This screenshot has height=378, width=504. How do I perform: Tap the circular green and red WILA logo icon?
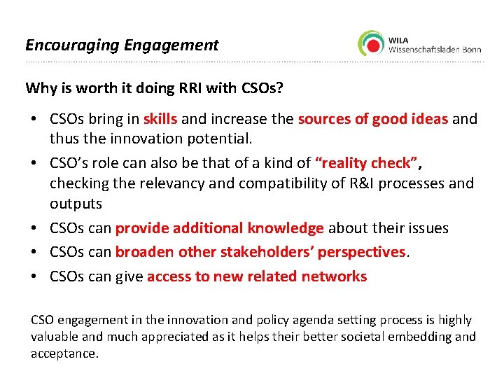371,43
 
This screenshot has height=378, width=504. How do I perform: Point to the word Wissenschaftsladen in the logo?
419,49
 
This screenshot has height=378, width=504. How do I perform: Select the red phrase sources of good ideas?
372,119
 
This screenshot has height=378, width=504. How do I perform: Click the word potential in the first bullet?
218,138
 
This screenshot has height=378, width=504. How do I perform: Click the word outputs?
76,204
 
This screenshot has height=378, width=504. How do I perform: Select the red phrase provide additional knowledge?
219,228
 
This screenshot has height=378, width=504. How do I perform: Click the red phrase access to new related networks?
256,276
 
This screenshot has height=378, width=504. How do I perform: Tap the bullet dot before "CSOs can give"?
35,276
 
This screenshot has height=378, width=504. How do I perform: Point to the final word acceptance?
64,353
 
